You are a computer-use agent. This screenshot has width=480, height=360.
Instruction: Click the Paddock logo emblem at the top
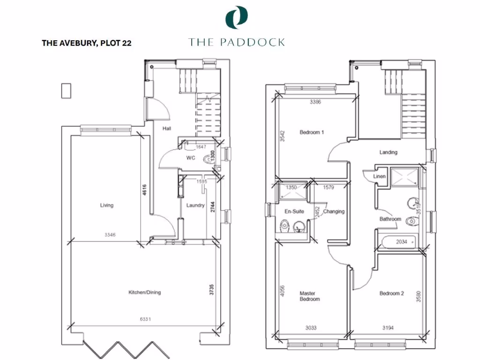coord(236,17)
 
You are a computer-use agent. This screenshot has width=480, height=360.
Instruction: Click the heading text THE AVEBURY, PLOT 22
coord(86,43)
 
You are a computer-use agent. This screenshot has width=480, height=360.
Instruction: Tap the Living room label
coord(106,205)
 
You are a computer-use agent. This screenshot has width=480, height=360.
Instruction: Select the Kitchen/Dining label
coord(145,292)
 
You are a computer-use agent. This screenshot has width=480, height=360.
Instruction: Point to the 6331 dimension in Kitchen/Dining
coord(145,320)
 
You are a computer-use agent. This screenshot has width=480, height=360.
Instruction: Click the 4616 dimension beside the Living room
coord(145,190)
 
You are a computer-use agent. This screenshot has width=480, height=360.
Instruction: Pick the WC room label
coord(190,158)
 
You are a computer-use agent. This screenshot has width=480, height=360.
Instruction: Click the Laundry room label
coord(195,205)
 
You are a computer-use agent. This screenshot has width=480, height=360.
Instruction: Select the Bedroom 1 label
coord(312,132)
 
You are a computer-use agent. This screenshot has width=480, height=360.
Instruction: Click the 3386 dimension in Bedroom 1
coord(315,102)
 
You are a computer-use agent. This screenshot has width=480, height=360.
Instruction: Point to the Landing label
coord(388,152)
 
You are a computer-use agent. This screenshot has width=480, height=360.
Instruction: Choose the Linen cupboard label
coord(379,177)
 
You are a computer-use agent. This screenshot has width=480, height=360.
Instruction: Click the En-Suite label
coord(294,211)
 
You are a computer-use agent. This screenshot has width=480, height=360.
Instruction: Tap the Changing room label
coord(334,211)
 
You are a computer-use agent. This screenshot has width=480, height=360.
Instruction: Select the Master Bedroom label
coord(310,296)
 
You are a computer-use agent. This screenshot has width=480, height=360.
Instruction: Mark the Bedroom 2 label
coord(391,293)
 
